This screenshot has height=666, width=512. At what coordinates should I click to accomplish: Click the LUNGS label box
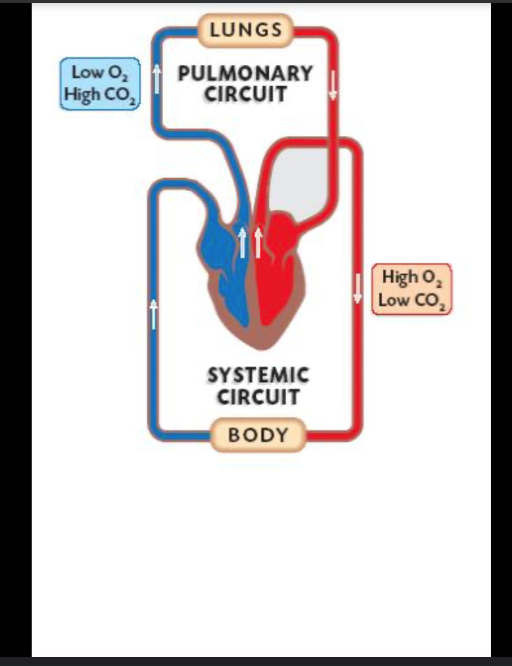pyautogui.click(x=245, y=30)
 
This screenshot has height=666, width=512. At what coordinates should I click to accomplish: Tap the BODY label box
pyautogui.click(x=258, y=435)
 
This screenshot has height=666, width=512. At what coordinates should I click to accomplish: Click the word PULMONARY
pyautogui.click(x=245, y=73)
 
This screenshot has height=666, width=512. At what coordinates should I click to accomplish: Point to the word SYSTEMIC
pyautogui.click(x=258, y=375)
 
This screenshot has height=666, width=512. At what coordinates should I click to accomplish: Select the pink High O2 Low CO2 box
pyautogui.click(x=412, y=288)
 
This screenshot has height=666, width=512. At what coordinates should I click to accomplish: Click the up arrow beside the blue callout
pyautogui.click(x=157, y=79)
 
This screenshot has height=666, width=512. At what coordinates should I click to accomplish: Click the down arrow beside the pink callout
pyautogui.click(x=358, y=288)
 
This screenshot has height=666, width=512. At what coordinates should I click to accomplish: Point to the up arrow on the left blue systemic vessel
pyautogui.click(x=154, y=313)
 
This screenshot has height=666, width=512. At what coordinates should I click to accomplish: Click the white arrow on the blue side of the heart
pyautogui.click(x=242, y=242)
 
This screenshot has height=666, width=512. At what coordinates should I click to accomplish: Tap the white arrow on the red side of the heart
pyautogui.click(x=258, y=242)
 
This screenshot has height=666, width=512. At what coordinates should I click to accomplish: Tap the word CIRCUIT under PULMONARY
pyautogui.click(x=245, y=94)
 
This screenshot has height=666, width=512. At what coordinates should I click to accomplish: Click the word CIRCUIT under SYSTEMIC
pyautogui.click(x=258, y=396)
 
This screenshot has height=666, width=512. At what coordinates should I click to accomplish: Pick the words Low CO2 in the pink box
pyautogui.click(x=412, y=301)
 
